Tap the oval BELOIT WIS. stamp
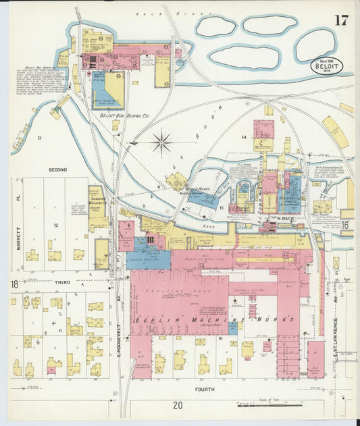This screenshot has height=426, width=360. (x=327, y=65)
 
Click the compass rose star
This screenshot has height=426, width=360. (x=161, y=142)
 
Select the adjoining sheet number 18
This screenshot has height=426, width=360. (x=14, y=284)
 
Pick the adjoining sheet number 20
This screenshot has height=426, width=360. (x=178, y=405)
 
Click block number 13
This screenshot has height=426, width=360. (x=39, y=138)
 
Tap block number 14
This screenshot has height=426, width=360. (x=244, y=137)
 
